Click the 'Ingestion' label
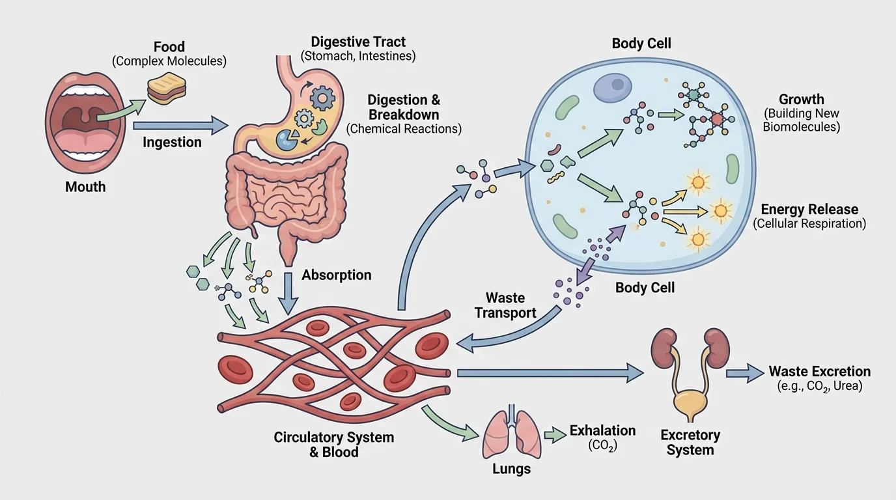[172, 142]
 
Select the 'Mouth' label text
[85, 187]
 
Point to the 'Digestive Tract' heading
[358, 42]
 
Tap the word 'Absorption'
[336, 275]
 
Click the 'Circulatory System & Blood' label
[333, 443]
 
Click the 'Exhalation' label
[602, 430]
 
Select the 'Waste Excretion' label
[819, 372]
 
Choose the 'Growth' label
[801, 100]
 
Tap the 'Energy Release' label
[809, 210]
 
